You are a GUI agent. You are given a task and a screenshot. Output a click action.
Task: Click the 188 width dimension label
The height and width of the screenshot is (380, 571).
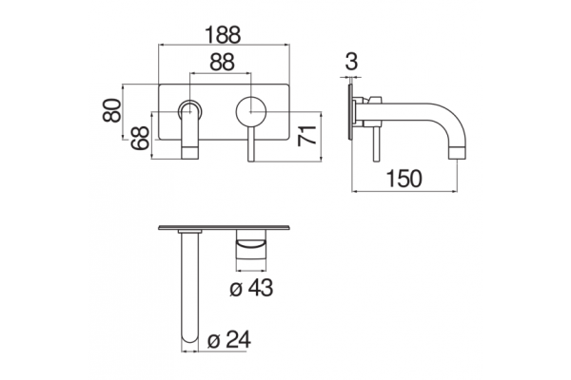click(223, 35)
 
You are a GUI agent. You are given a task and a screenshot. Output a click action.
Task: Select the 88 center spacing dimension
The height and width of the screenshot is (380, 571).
click(222, 63)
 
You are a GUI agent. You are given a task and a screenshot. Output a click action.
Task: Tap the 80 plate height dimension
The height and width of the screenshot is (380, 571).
click(111, 110)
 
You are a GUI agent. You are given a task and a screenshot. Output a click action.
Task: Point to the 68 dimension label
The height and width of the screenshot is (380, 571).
click(141, 138)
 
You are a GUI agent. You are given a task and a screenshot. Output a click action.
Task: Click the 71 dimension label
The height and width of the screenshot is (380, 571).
click(306, 136)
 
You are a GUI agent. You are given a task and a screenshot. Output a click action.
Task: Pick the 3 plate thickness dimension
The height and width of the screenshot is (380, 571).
click(351, 61)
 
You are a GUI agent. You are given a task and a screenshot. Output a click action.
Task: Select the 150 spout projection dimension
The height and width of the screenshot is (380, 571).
click(404, 179)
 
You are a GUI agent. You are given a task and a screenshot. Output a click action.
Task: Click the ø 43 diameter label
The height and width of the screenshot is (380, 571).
click(251, 288)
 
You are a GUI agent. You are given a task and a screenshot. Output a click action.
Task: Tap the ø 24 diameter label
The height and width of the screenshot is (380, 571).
click(229, 340)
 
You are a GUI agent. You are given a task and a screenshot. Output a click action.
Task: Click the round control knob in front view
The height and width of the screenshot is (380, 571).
click(251, 111)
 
